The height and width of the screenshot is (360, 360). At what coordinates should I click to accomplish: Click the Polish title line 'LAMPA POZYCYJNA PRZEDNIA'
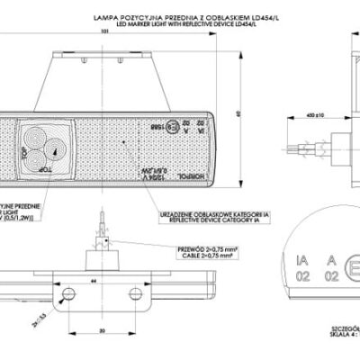tap(184, 17)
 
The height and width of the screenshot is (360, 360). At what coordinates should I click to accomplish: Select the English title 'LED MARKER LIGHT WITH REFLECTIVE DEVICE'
tap(184, 24)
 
